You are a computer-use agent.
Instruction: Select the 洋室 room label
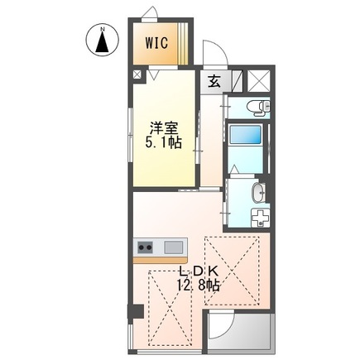click(x=162, y=128)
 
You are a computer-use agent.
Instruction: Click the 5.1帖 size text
click(x=162, y=142)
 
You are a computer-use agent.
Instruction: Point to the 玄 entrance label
click(x=214, y=80)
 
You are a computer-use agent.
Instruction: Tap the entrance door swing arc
click(x=213, y=51)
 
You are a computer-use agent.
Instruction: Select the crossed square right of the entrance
click(x=259, y=81)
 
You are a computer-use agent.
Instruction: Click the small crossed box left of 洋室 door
click(x=137, y=74)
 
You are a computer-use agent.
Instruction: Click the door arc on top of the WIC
click(x=149, y=12)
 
